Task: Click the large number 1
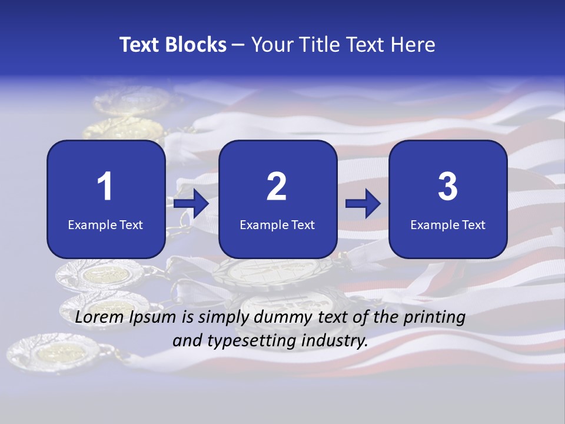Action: (x=105, y=187)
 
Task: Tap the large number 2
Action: (x=277, y=187)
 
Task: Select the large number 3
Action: (x=448, y=187)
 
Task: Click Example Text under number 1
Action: (x=105, y=224)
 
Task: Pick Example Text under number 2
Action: (x=277, y=224)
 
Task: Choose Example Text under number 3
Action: (x=448, y=224)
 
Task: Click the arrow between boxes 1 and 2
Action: (x=192, y=204)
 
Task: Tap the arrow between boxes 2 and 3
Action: (x=363, y=204)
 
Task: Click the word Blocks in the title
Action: (x=195, y=45)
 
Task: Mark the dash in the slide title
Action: (x=238, y=45)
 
